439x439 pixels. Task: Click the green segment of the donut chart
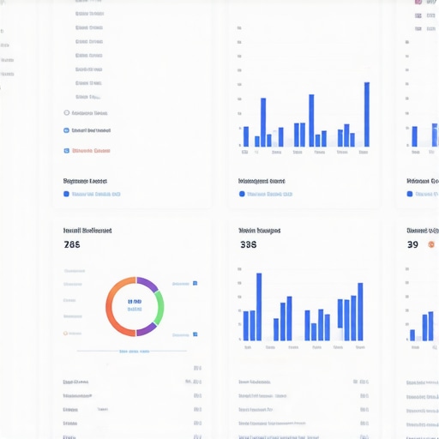coord(159,306)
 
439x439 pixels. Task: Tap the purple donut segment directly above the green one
coord(147,284)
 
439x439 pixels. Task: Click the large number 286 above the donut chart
coord(72,244)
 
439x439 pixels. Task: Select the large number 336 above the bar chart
coord(248,244)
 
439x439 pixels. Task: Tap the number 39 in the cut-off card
coord(412,244)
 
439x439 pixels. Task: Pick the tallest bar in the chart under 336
coord(259,306)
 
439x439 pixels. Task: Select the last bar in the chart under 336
coord(360,311)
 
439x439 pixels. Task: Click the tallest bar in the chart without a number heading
coord(367,114)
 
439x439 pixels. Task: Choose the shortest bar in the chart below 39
coord(412,334)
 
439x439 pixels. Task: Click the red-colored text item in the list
coord(92,151)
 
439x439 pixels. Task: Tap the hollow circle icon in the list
coord(67,112)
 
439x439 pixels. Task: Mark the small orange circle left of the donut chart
coord(67,333)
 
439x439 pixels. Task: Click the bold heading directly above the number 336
coord(259,231)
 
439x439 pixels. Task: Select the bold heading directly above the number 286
coord(87,231)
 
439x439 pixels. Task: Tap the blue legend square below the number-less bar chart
coord(242,195)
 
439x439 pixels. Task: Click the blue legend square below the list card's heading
coord(67,195)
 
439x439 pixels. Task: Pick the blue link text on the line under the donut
coord(135,351)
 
